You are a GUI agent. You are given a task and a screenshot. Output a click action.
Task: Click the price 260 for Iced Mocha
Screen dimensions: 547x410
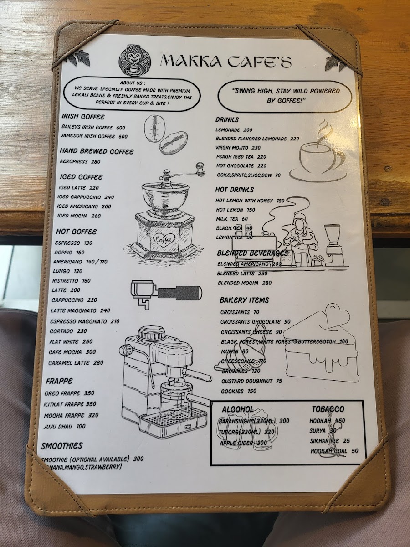[96, 216]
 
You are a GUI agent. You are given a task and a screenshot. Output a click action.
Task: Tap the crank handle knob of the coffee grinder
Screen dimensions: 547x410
[200, 166]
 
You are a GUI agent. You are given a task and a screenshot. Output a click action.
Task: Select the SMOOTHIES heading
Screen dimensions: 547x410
[61, 446]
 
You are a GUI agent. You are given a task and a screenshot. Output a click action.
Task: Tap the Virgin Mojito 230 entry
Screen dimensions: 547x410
[238, 148]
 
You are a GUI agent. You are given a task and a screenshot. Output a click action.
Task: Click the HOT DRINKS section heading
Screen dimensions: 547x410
[235, 190]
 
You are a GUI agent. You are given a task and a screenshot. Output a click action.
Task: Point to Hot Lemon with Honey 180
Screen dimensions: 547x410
[250, 201]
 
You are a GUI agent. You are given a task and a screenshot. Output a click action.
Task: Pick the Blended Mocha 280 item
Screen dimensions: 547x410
[244, 283]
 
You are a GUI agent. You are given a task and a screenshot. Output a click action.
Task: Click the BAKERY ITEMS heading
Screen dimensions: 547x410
[244, 300]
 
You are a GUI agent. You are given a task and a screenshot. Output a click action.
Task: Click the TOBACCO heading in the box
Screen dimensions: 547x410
[328, 409]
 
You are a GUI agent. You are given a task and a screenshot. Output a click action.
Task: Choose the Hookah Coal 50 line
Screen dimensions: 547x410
[334, 451]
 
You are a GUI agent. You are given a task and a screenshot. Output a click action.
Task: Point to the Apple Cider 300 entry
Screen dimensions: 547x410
[243, 443]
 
